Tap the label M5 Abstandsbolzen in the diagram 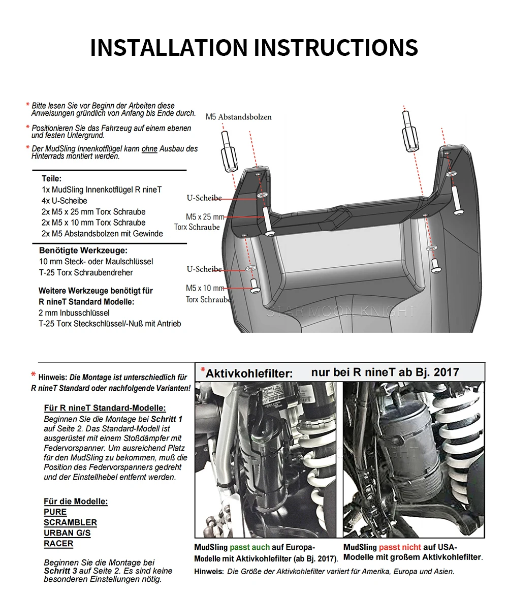click(238, 117)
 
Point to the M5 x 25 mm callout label click(205, 217)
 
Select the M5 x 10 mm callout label click(205, 288)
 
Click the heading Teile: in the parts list click(51, 178)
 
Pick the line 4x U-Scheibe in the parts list click(65, 201)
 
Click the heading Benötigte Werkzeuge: click(83, 250)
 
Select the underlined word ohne click(149, 149)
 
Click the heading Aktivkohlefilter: click(249, 373)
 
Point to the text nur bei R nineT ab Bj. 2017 click(385, 372)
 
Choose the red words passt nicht click(400, 547)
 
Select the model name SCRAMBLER click(70, 522)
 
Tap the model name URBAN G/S click(67, 533)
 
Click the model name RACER click(58, 544)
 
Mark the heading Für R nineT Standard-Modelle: click(105, 408)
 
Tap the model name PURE click(55, 512)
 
